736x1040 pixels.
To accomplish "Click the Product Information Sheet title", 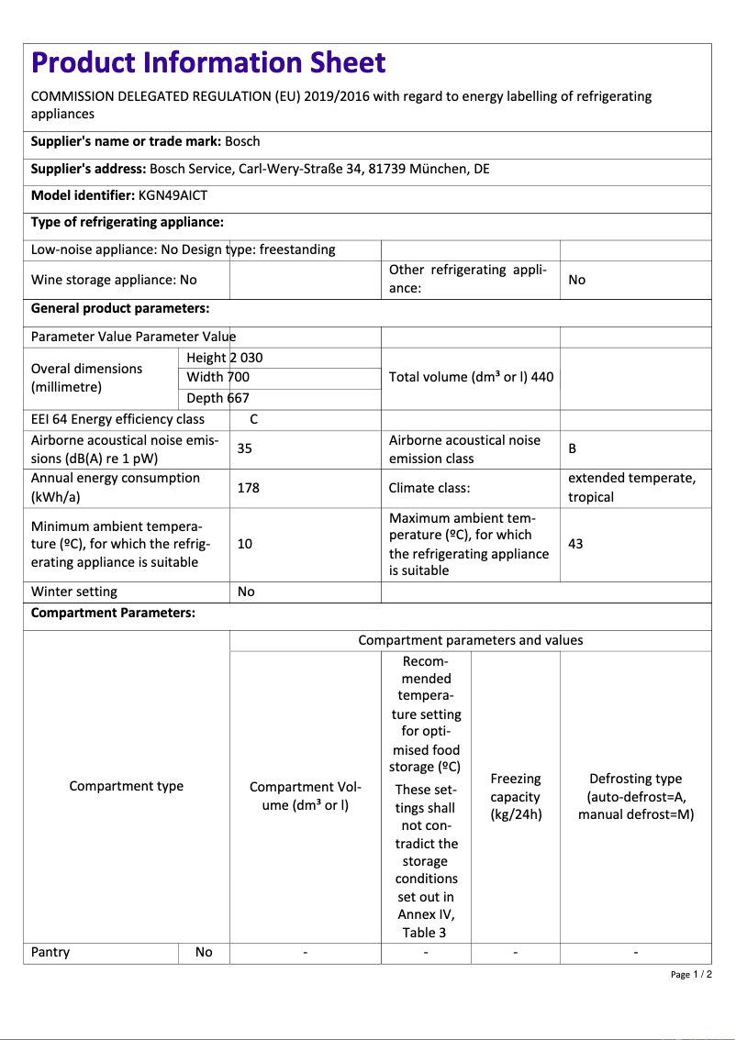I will coord(208,62).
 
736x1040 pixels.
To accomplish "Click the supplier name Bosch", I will coord(242,141).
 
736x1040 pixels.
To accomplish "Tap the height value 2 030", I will coord(246,358).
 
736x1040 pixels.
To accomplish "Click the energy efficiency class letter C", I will coord(254,419).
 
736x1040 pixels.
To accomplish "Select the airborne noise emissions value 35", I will coord(245,448).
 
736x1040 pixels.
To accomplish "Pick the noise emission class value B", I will coord(573,448).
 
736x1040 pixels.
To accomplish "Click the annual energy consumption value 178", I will coord(248,488).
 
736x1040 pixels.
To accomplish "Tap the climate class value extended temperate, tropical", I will coord(631,488).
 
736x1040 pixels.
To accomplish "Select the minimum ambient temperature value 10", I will coord(245,544).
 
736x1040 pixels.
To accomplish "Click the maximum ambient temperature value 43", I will coord(575,544).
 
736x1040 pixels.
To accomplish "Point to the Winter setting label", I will coord(74,592).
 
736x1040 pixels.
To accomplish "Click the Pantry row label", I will coord(50,952).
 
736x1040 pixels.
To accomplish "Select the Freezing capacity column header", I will coord(515,796).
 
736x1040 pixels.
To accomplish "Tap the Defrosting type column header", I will coord(635,796).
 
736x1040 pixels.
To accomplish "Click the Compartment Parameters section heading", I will coord(113,613).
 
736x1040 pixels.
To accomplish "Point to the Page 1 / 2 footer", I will coord(691,974).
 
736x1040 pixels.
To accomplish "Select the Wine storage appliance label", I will coord(114,280).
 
